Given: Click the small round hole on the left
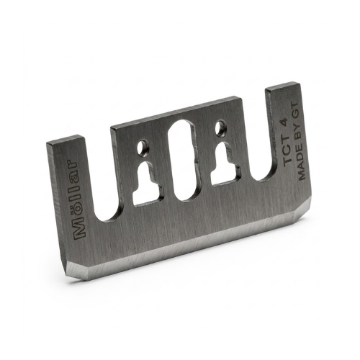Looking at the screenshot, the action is click(x=144, y=147).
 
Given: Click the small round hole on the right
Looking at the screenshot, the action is click(x=220, y=127).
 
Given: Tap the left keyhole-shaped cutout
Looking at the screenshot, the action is click(x=148, y=184).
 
